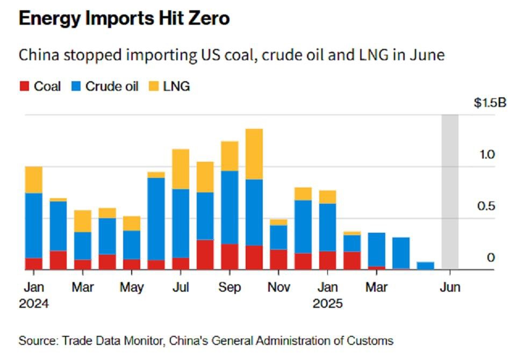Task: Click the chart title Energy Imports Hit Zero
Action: [x=124, y=18]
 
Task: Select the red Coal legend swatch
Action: [x=24, y=86]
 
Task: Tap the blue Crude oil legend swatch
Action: [x=76, y=86]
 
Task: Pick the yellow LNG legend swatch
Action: [x=153, y=86]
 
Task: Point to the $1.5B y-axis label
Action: [x=490, y=103]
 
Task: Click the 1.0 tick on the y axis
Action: [x=486, y=155]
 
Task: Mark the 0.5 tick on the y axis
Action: [x=486, y=207]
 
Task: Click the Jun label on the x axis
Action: [x=450, y=287]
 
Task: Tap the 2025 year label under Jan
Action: [x=327, y=304]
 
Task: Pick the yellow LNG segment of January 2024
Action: [x=34, y=179]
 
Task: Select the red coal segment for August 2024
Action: [x=205, y=254]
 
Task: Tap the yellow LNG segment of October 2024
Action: [x=254, y=154]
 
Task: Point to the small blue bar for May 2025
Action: [x=426, y=265]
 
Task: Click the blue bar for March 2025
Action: [x=376, y=249]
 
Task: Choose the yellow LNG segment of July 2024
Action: [x=181, y=169]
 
